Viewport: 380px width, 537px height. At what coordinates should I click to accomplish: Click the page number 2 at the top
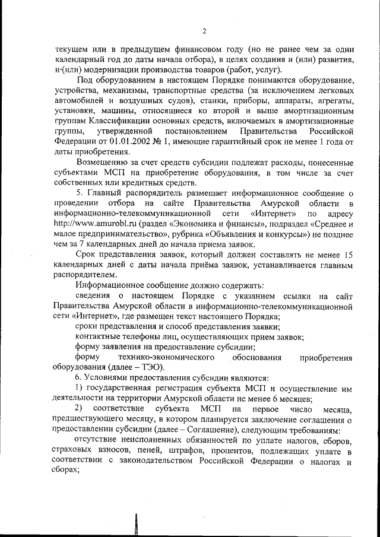(203, 31)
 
